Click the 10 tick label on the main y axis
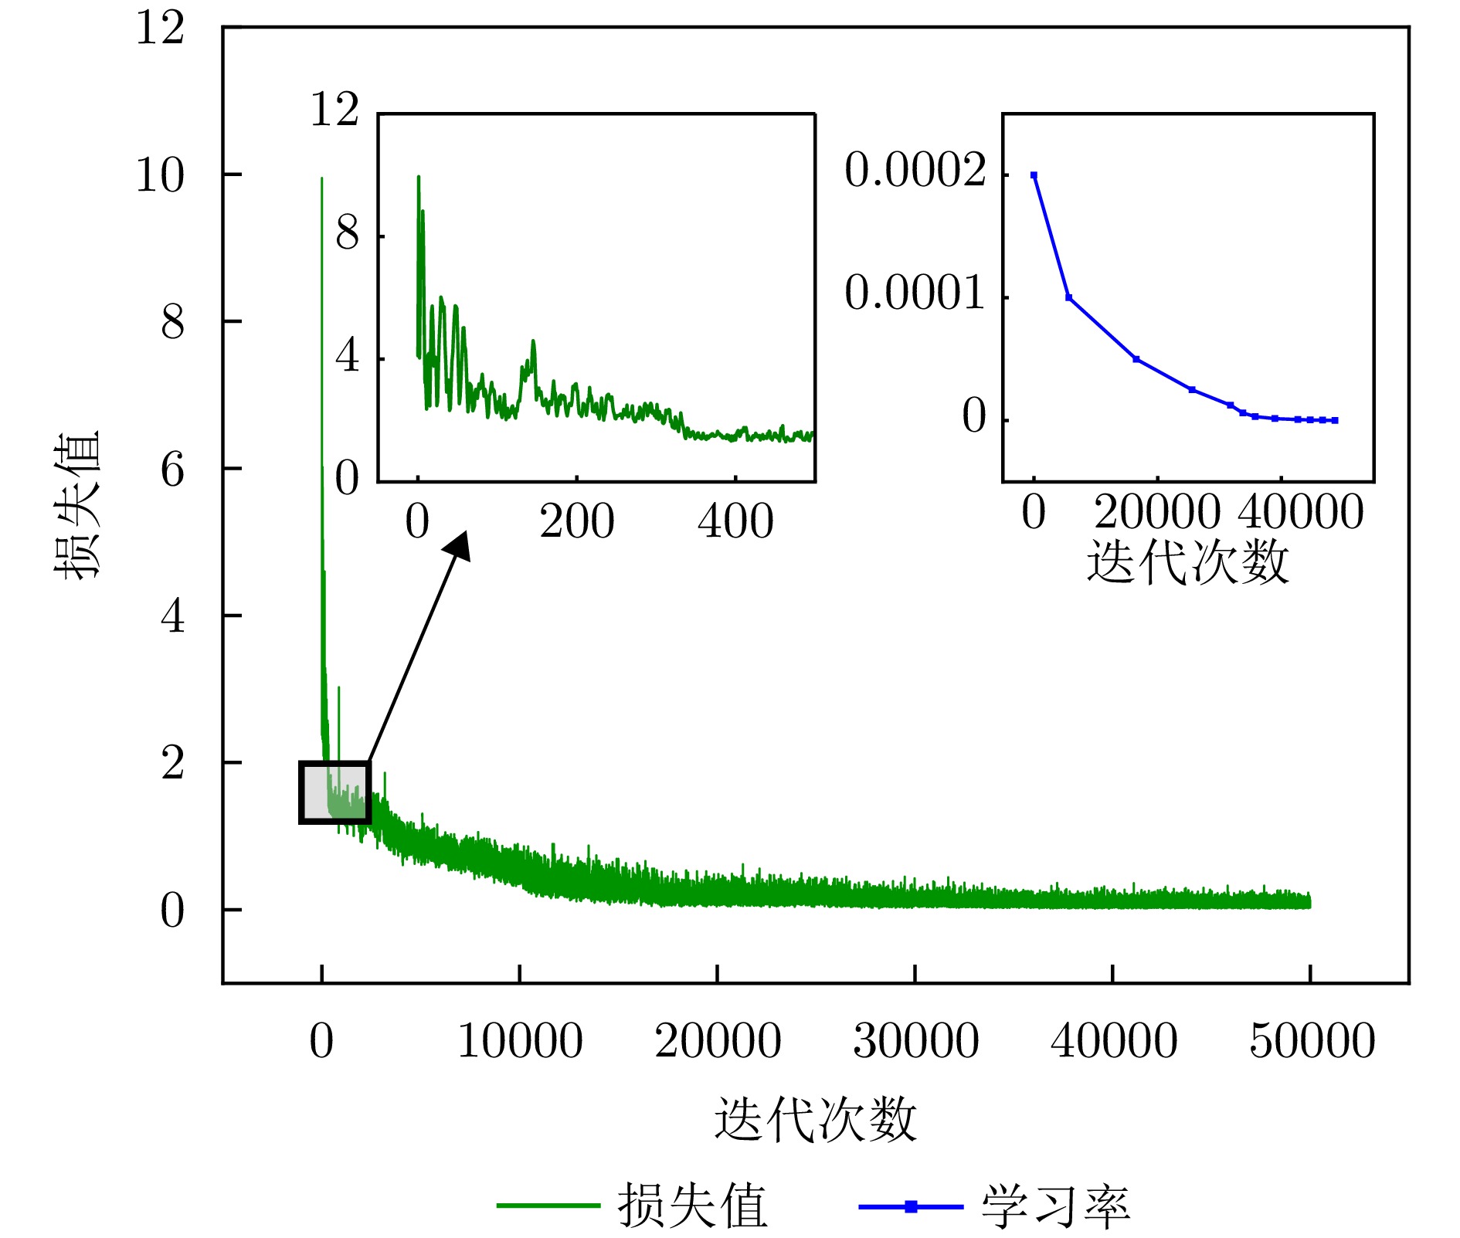(x=160, y=175)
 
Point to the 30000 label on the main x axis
(x=915, y=1040)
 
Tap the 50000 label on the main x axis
(x=1312, y=1040)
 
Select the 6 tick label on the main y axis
(x=172, y=470)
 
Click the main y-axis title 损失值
(x=77, y=505)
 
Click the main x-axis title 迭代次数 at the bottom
(x=815, y=1119)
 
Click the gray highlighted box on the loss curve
(x=334, y=792)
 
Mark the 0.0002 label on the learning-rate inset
(x=915, y=170)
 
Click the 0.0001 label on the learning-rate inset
(x=915, y=293)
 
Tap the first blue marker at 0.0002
(x=1034, y=175)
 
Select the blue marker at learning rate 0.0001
(x=1068, y=297)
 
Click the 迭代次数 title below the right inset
(x=1187, y=561)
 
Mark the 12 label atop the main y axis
(x=160, y=29)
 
